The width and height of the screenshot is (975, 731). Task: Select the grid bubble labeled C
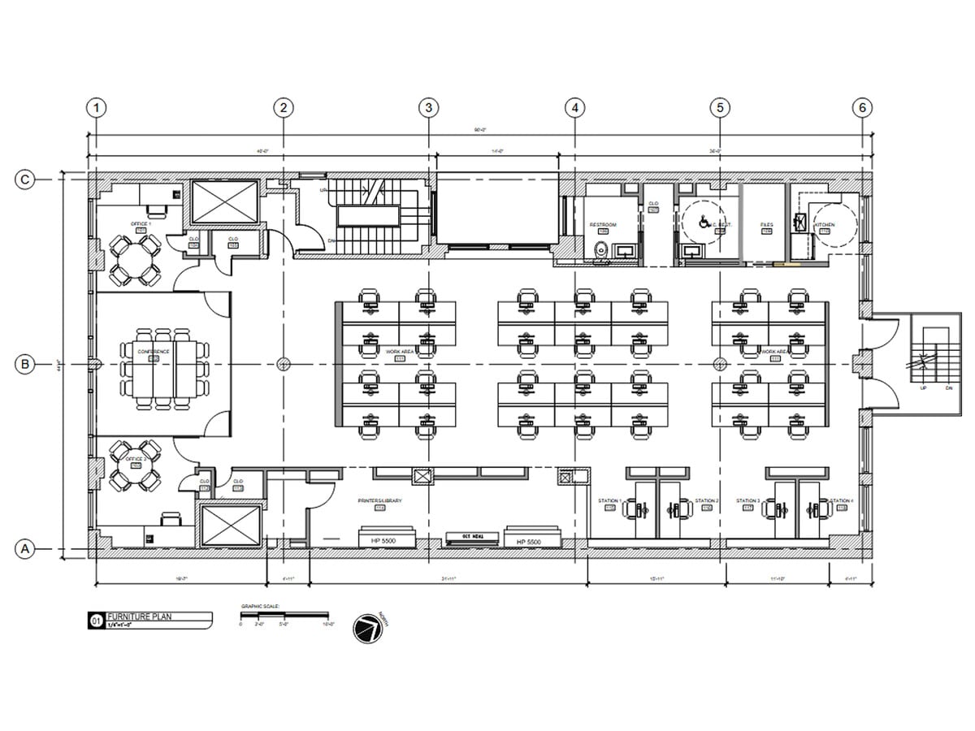[26, 180]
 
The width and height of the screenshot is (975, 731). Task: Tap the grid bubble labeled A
[26, 550]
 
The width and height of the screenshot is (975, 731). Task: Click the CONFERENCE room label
[154, 352]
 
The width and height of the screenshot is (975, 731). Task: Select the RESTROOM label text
[603, 224]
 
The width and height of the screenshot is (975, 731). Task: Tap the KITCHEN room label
[825, 224]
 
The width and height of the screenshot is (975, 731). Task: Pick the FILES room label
[766, 224]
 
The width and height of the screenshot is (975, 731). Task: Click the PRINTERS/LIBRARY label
[380, 501]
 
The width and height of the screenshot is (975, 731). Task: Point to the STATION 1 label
[609, 501]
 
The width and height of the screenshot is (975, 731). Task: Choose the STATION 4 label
[841, 501]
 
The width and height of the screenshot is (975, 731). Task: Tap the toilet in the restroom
[601, 251]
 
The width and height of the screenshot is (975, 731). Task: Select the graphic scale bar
[284, 615]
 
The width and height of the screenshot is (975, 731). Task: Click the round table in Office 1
[135, 260]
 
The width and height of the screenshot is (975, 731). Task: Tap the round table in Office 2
[135, 465]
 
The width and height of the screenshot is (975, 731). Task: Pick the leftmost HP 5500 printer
[388, 539]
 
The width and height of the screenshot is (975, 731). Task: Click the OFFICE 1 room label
[141, 223]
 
